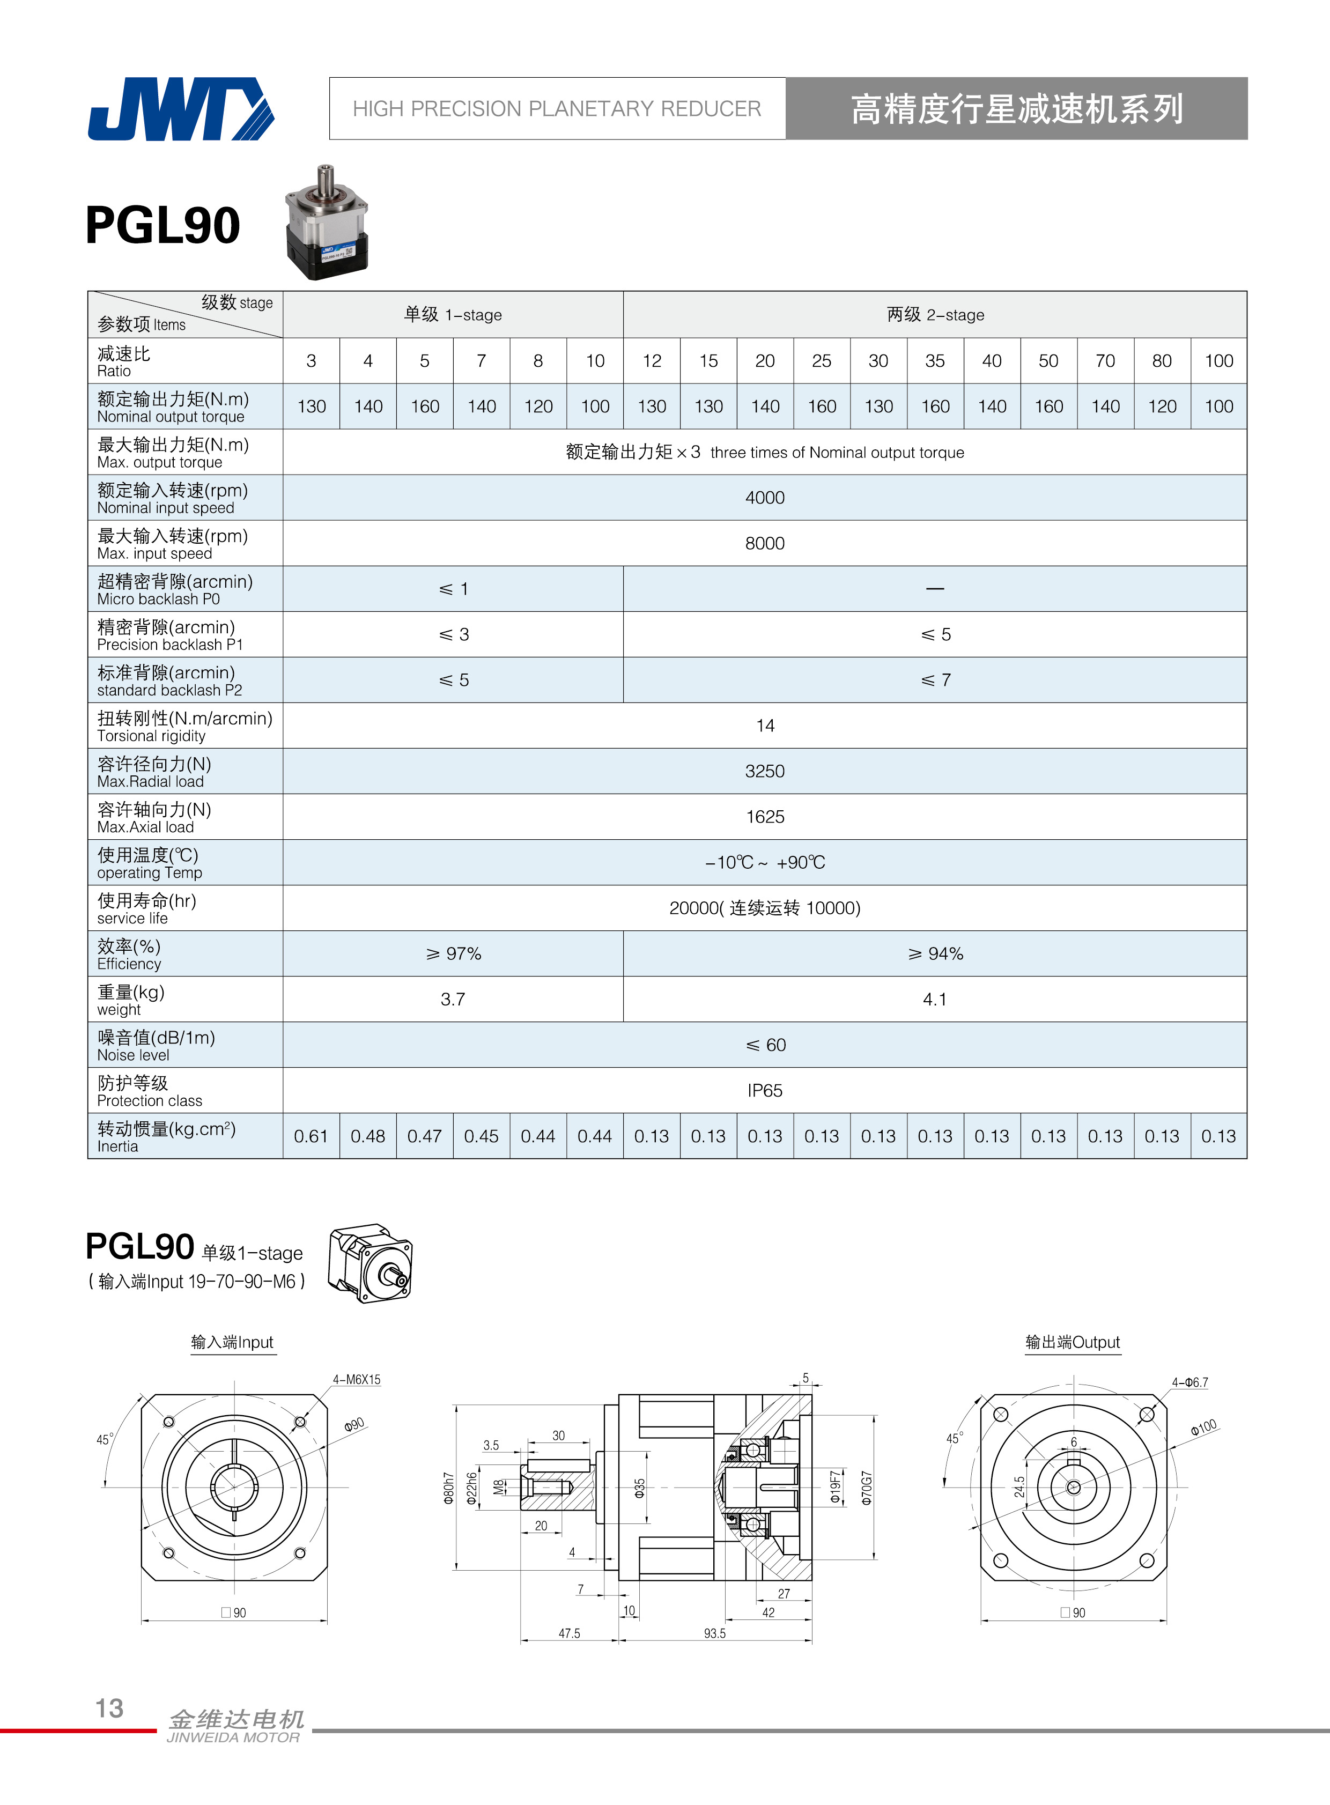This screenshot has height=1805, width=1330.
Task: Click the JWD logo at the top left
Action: (181, 109)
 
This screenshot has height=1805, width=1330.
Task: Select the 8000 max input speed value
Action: (764, 543)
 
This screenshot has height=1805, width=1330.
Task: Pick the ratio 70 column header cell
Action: (1105, 361)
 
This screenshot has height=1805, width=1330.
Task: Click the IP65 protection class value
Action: (764, 1090)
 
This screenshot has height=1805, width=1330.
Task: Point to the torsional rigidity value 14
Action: (765, 726)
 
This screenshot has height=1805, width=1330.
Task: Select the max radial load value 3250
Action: (764, 771)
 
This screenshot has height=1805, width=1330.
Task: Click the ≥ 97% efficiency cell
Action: (453, 953)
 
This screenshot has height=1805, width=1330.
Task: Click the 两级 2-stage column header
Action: (935, 315)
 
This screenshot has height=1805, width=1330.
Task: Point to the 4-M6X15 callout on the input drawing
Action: (357, 1379)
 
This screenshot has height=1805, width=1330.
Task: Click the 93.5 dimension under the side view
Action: (714, 1633)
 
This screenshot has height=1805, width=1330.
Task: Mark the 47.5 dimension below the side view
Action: (569, 1633)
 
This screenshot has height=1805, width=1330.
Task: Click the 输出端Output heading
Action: (1073, 1342)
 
